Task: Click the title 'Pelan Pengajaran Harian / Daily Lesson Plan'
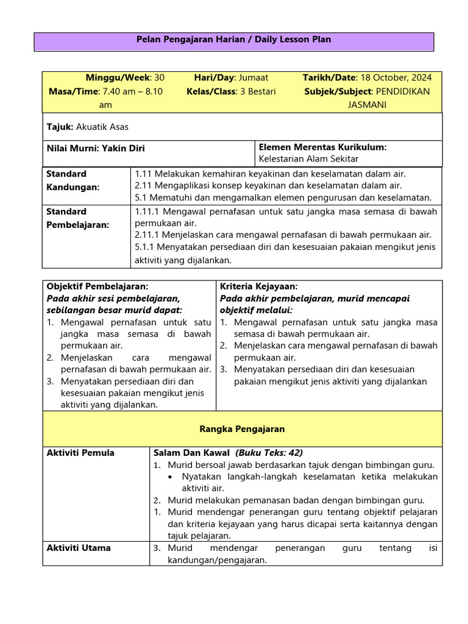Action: coord(235,40)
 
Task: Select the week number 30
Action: coord(159,77)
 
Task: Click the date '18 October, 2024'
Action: coord(396,77)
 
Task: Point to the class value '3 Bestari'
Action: coord(255,91)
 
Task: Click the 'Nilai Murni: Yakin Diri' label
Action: coord(96,148)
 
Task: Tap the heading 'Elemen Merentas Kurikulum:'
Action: coord(323,147)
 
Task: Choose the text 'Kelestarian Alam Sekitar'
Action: coord(309,159)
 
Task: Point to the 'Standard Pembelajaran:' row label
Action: coord(78,218)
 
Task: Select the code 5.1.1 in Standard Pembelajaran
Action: coord(147,247)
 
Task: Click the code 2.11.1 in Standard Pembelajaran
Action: coord(149,235)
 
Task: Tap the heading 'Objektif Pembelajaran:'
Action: coord(97,286)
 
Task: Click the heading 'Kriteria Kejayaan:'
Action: coord(258,286)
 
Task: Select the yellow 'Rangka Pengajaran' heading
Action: coord(243,429)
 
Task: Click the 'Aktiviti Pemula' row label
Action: coord(80,453)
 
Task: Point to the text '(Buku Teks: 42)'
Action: coord(269,453)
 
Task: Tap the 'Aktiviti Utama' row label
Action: coord(79,548)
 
